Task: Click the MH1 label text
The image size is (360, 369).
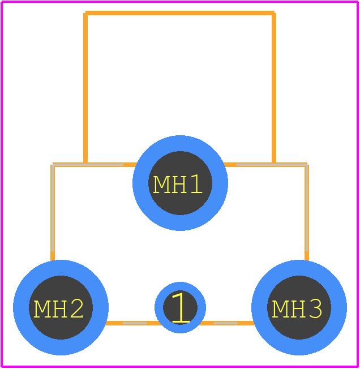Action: [178, 184]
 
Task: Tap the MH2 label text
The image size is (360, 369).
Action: [58, 309]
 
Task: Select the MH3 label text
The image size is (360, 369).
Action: [297, 309]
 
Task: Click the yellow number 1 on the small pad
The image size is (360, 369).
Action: [181, 307]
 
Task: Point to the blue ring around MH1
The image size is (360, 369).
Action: [180, 143]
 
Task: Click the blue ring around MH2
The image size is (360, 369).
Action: [61, 268]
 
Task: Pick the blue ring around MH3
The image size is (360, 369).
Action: [299, 268]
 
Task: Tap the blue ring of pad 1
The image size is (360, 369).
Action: [180, 286]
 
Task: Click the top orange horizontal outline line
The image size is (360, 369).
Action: [180, 13]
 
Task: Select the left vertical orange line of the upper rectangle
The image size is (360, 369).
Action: [85, 88]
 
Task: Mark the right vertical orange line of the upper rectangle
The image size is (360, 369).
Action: [274, 88]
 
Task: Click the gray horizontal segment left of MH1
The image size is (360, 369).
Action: [88, 165]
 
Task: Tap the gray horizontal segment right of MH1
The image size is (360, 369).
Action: [272, 165]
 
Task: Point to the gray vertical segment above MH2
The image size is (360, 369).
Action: [53, 208]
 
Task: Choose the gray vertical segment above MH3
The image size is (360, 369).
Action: [307, 208]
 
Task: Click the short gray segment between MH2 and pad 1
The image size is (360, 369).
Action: [135, 323]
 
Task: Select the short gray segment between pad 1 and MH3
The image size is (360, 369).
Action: [225, 323]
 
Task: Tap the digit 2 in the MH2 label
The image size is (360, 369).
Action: [76, 309]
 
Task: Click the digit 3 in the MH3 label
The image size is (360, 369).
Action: [315, 309]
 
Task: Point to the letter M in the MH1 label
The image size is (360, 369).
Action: [160, 184]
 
